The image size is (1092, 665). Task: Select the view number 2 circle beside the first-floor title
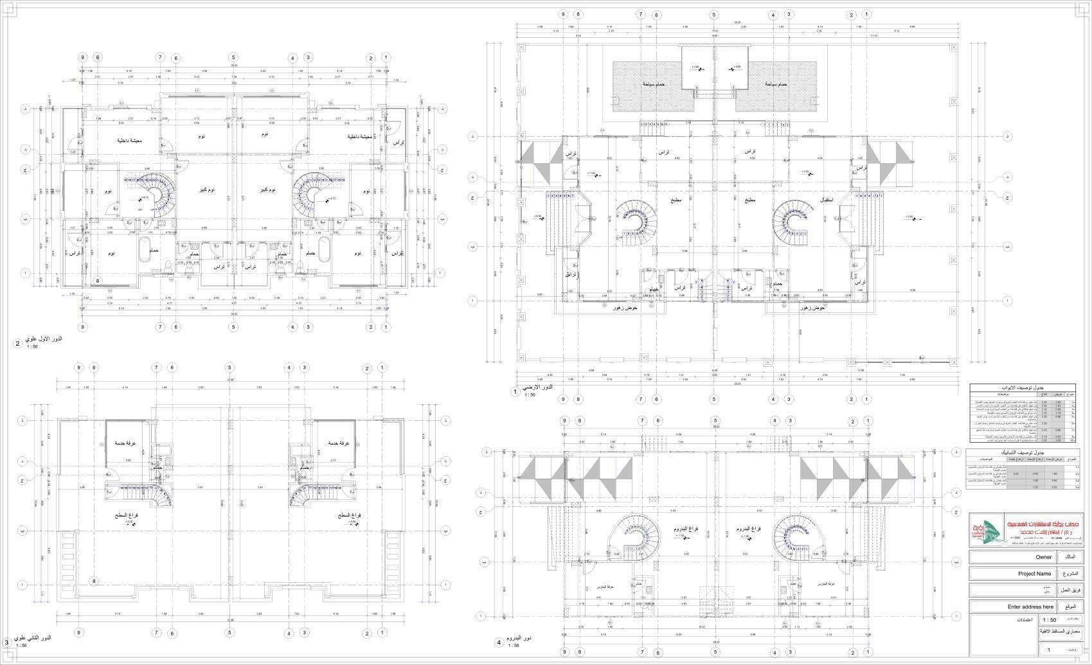[17, 343]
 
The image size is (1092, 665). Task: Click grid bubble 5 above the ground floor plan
[713, 15]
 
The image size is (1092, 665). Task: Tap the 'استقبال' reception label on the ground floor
[827, 200]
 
